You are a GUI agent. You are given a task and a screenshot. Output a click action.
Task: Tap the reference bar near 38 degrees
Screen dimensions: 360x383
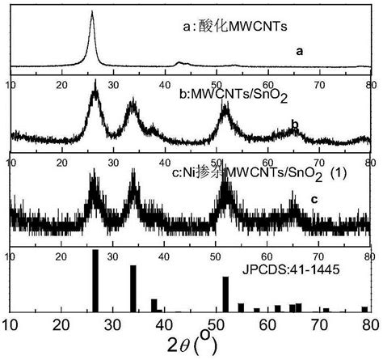154,305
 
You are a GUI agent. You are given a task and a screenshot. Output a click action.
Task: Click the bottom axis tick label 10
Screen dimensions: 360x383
11,324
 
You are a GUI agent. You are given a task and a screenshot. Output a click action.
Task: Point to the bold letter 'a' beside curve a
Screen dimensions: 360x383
299,52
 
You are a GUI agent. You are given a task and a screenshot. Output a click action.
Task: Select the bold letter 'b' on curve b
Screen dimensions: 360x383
295,125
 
